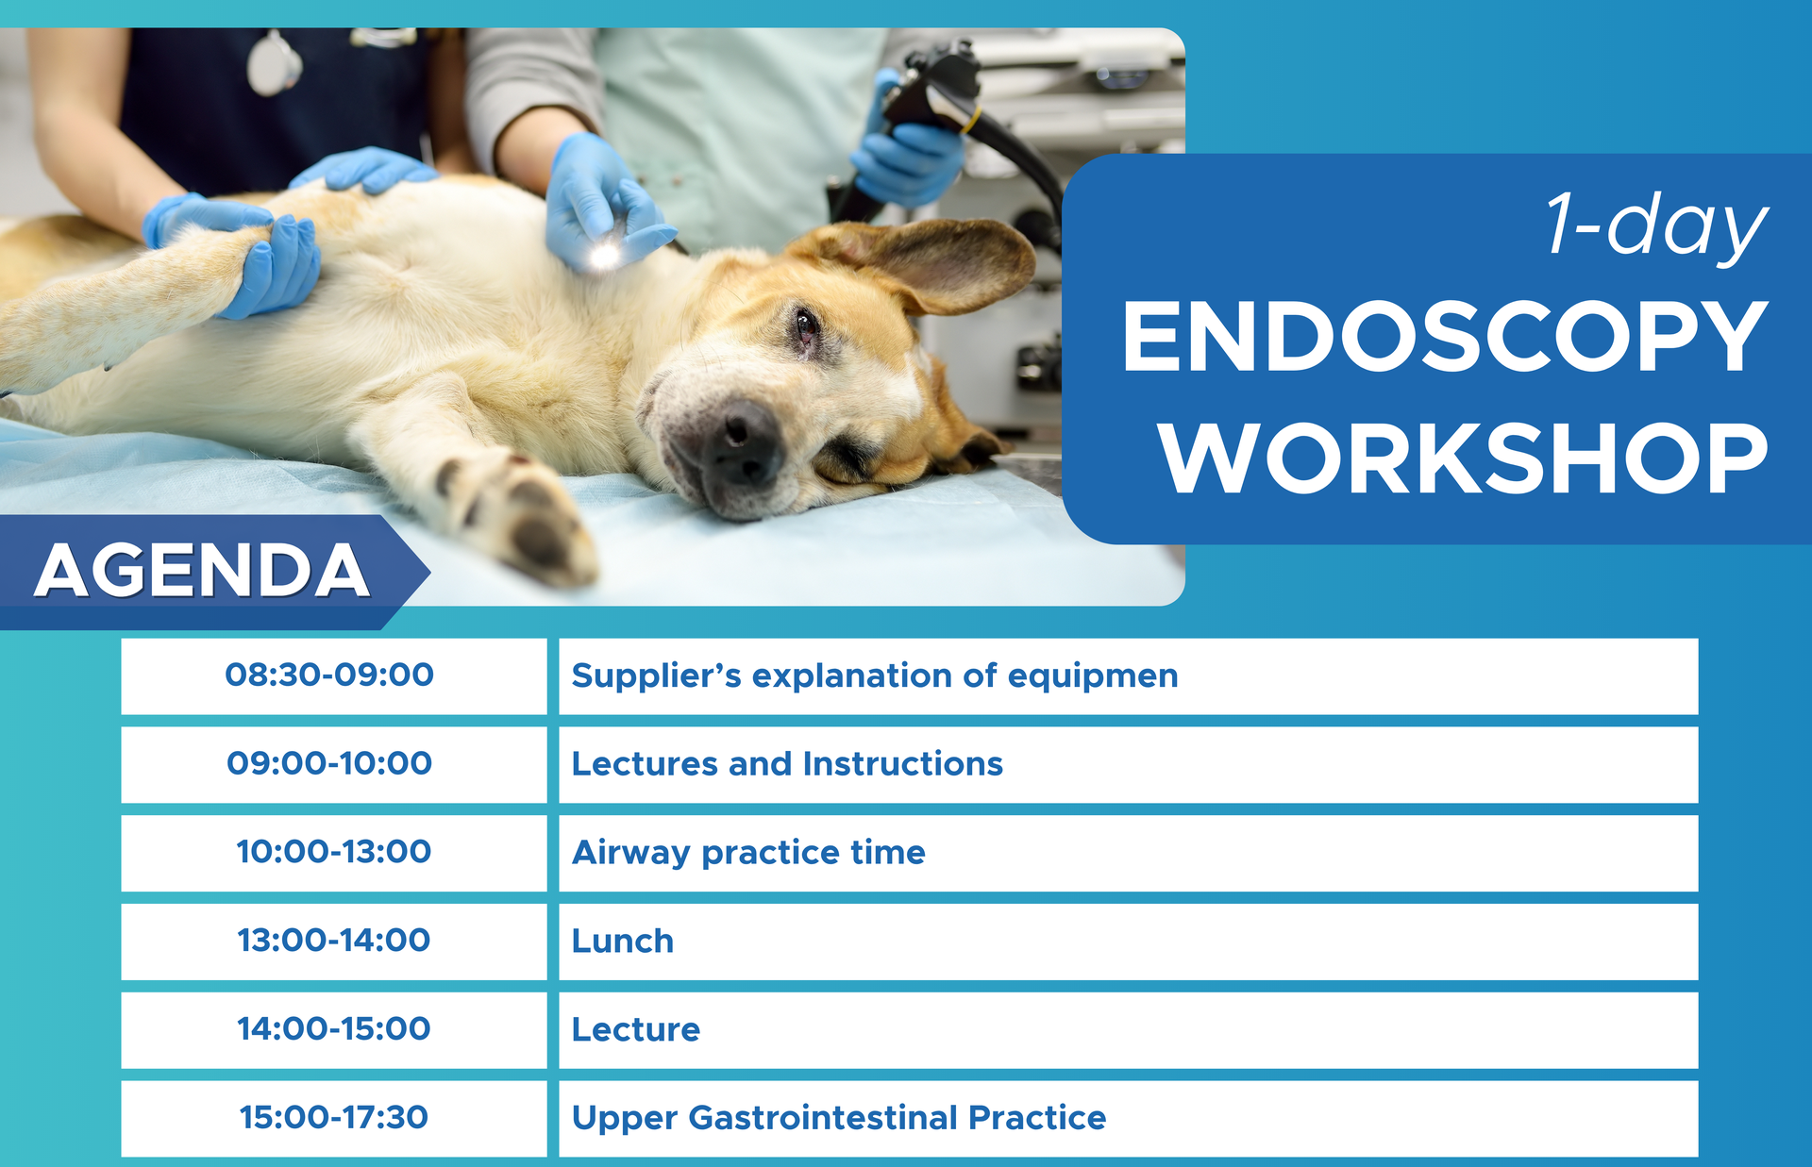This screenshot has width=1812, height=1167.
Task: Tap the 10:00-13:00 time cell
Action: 333,852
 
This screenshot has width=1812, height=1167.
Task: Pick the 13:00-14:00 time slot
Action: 333,941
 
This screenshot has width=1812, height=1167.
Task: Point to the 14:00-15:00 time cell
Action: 333,1028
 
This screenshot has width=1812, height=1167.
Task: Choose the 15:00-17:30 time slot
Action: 333,1117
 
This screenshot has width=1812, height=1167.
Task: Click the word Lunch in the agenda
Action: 623,941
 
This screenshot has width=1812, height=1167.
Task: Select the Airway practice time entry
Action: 748,853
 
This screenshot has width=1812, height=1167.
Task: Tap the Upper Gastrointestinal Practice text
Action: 839,1118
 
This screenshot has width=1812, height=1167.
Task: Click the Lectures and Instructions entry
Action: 787,763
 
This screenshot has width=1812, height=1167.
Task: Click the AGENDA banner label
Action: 201,571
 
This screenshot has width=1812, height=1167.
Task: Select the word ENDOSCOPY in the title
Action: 1444,337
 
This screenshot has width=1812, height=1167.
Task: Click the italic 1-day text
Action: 1656,226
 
